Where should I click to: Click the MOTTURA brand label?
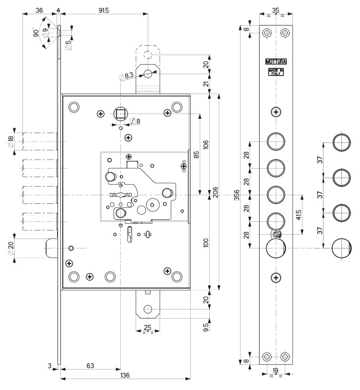(276, 61)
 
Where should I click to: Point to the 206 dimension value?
(215, 192)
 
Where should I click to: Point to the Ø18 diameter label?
(11, 141)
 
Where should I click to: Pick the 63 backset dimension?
(90, 366)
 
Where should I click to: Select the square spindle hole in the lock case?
(120, 113)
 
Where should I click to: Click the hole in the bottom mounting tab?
(147, 309)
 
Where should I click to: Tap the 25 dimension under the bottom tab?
(147, 327)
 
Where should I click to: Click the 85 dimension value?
(195, 155)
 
